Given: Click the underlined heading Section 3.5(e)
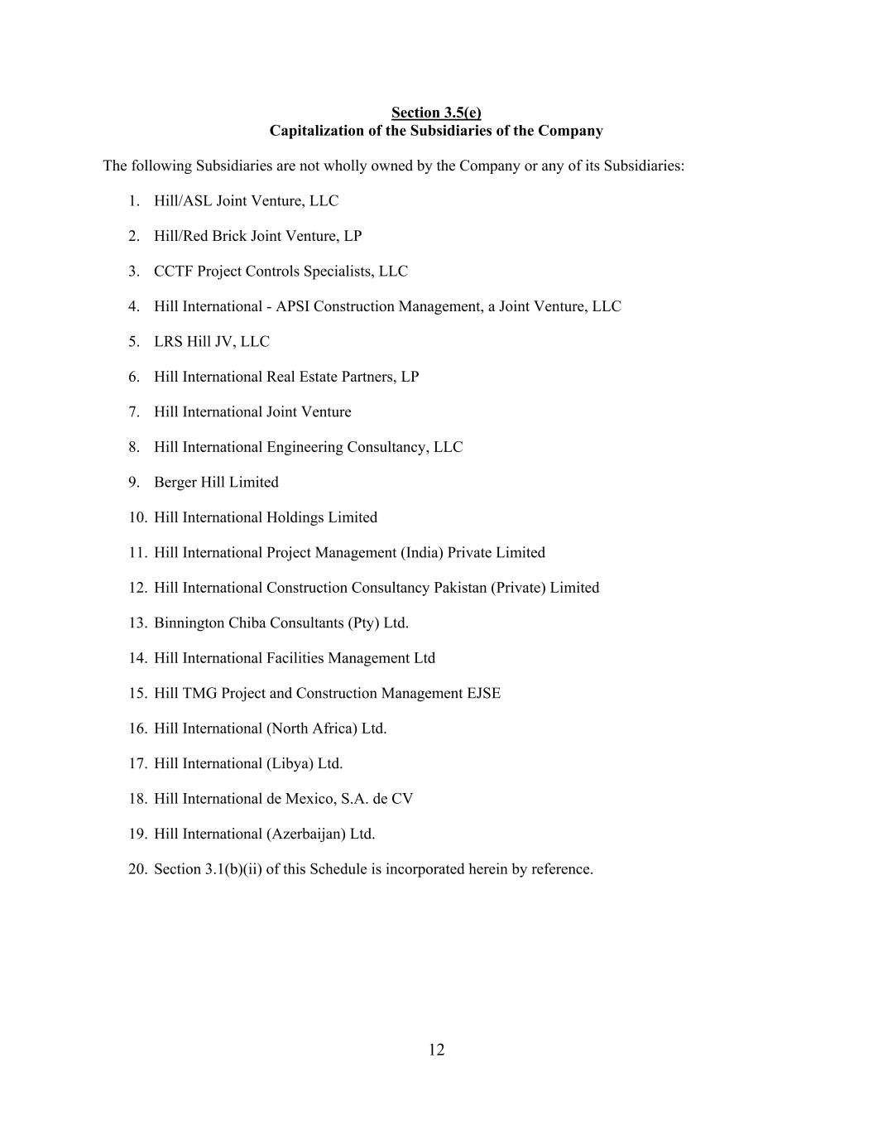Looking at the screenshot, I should coord(436,113).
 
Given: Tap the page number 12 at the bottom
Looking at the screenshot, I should coord(437,1050).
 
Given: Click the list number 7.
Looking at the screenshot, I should coord(133,412).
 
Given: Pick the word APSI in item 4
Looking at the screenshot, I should coord(292,306).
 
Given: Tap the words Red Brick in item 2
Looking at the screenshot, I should coord(216,236).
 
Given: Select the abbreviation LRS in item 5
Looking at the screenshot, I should coord(168,342).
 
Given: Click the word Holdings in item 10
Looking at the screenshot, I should coord(295,517).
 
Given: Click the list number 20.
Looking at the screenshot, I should coord(137,869).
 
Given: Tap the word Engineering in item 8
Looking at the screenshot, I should coord(305,447).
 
